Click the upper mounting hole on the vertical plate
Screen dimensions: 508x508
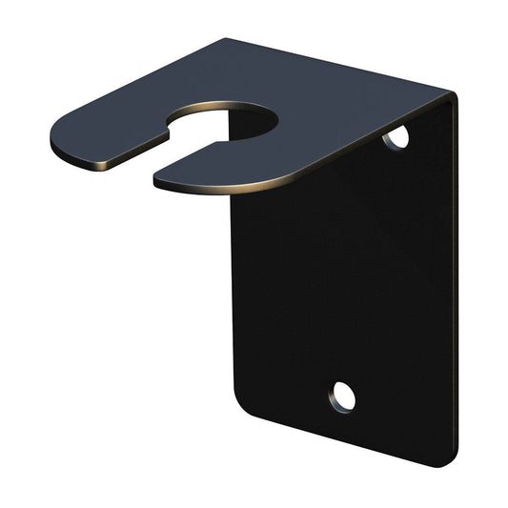396,138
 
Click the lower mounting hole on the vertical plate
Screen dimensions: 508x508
343,396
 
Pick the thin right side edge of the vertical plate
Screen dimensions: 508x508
453,286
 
